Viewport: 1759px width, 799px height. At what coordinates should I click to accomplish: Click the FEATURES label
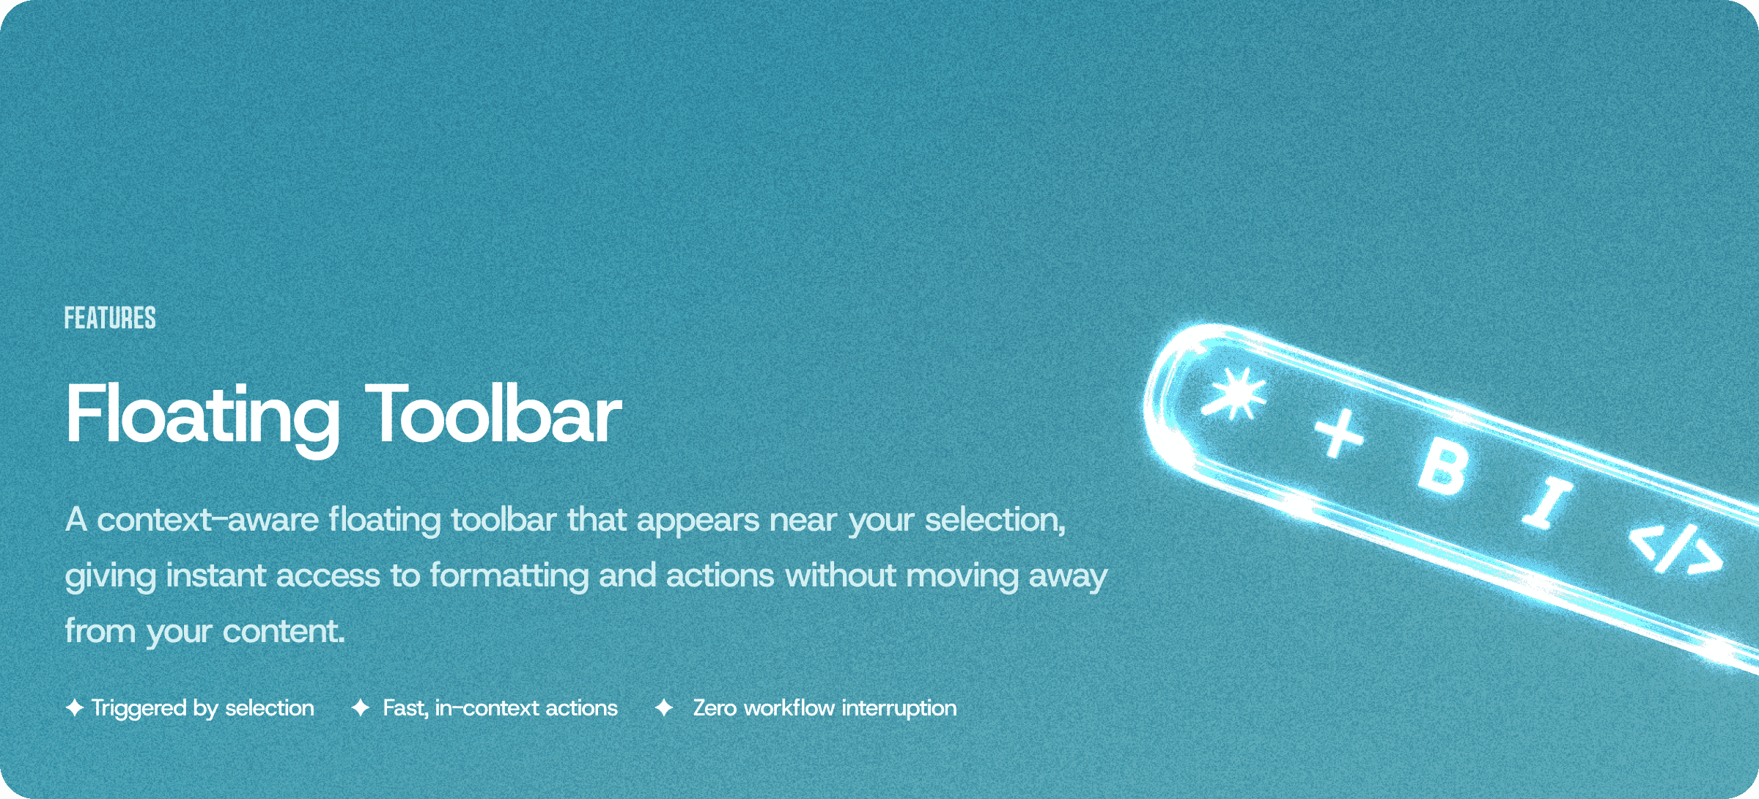pos(110,318)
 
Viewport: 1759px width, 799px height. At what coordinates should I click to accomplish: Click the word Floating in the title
pos(202,416)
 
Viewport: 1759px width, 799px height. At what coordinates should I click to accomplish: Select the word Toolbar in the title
pos(493,416)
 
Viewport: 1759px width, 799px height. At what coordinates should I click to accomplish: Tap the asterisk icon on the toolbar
pos(1236,394)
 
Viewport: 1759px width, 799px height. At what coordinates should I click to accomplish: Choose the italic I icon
pos(1547,503)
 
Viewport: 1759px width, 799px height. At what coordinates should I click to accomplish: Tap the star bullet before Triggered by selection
pos(74,708)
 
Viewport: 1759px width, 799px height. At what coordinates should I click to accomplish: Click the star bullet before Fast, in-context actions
pos(360,708)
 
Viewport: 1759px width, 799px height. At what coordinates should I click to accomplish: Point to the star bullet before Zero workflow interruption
pos(664,708)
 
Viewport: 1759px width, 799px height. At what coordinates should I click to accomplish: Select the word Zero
pos(715,708)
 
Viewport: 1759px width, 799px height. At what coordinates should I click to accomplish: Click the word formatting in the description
pos(509,576)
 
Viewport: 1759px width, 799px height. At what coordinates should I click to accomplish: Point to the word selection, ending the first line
pos(995,520)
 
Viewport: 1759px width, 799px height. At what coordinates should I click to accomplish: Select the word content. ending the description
pos(284,632)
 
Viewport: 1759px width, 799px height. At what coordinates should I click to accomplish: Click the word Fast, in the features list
pos(405,708)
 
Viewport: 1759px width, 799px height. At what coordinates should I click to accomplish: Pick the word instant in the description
pos(215,576)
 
